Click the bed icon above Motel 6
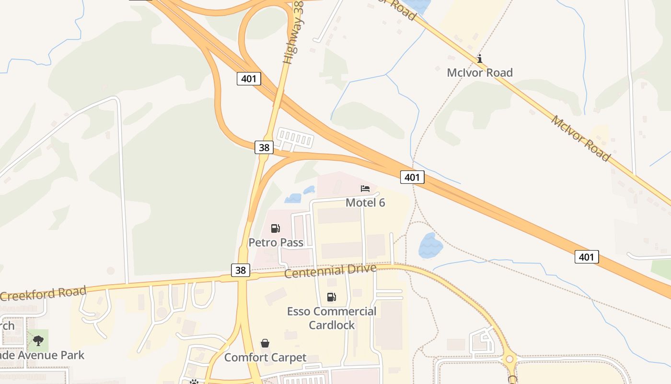coord(365,189)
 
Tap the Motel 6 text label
coord(365,203)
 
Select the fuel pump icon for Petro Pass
coord(275,228)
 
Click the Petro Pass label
coord(276,242)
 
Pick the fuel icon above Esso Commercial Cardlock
coord(331,297)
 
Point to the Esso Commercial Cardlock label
coord(332,318)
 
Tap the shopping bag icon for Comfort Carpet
coord(265,343)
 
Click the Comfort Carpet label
coord(265,358)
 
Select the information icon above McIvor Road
coord(480,59)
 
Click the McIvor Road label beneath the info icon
coord(480,72)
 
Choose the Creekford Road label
coord(43,293)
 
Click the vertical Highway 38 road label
coord(293,33)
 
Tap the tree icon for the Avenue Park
coord(38,341)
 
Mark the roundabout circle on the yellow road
coord(509,359)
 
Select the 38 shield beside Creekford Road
coord(241,270)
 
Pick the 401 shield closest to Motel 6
coord(412,177)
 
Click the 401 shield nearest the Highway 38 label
coord(249,78)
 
